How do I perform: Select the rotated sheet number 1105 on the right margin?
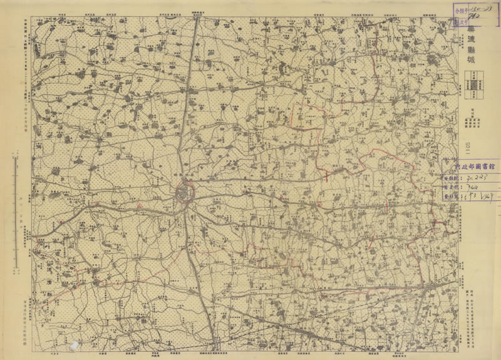click(467, 147)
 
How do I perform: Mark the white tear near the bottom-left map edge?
click(76, 344)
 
